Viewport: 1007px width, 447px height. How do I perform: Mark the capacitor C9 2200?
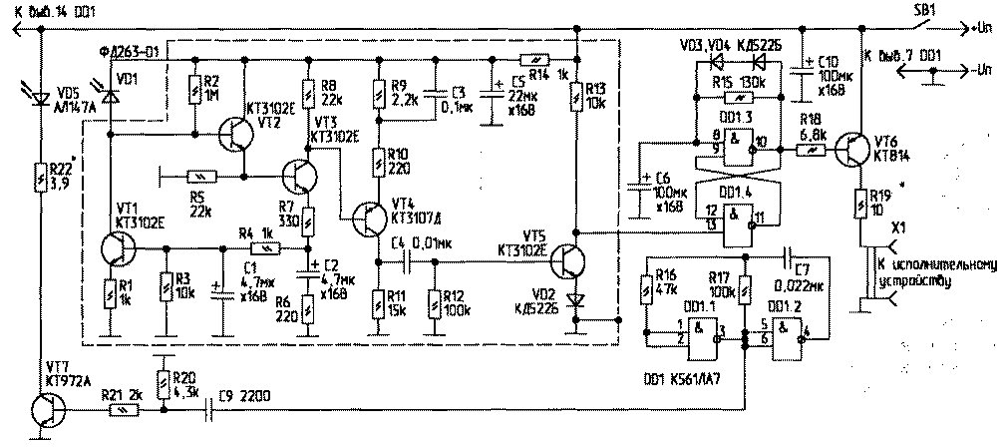[210, 407]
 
